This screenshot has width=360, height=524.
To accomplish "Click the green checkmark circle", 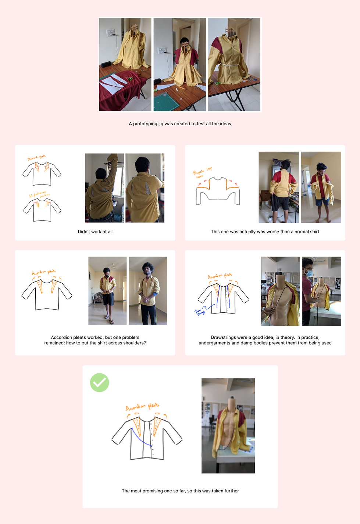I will coord(99,383).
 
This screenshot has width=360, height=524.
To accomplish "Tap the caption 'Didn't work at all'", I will coord(95,232).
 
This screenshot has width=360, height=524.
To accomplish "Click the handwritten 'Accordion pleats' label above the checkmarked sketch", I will coord(142,407).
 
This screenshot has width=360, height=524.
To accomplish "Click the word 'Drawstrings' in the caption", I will coord(224,337).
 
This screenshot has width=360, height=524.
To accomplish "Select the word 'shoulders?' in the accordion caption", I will coord(135,343).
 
